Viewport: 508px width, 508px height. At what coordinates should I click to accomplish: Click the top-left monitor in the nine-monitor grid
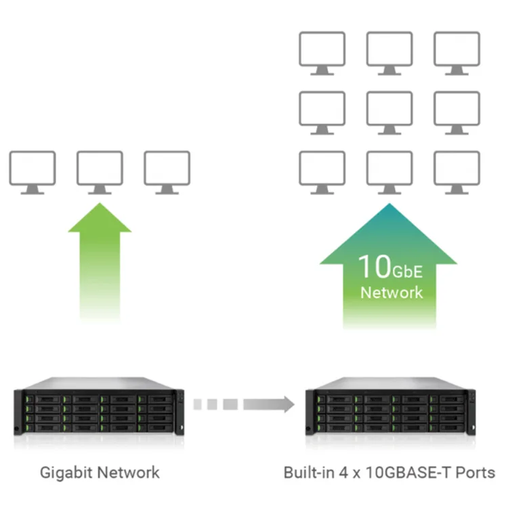click(322, 51)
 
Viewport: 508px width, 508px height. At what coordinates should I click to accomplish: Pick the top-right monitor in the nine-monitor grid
click(457, 51)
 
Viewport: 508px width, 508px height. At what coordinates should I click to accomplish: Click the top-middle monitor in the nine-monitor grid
click(389, 51)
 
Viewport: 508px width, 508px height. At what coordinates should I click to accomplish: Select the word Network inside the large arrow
click(391, 293)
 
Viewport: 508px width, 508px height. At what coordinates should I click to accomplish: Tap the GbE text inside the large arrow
click(407, 271)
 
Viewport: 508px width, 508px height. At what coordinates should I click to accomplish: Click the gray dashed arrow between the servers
click(244, 404)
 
